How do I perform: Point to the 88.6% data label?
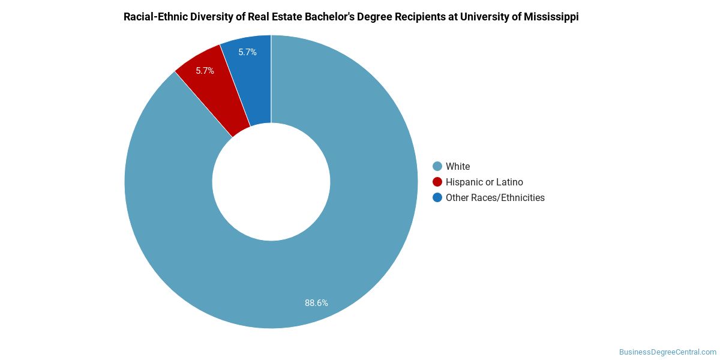[316, 303]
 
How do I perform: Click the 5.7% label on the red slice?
[205, 71]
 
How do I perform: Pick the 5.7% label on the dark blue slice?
[247, 52]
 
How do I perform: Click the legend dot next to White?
[437, 166]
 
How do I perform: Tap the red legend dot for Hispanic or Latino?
[437, 182]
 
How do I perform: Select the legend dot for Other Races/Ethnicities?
[437, 197]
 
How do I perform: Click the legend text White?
[458, 166]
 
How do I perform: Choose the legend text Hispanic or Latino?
[484, 182]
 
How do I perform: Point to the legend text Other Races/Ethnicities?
[495, 197]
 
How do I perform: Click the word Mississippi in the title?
[551, 17]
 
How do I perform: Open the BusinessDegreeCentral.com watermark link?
[667, 352]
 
